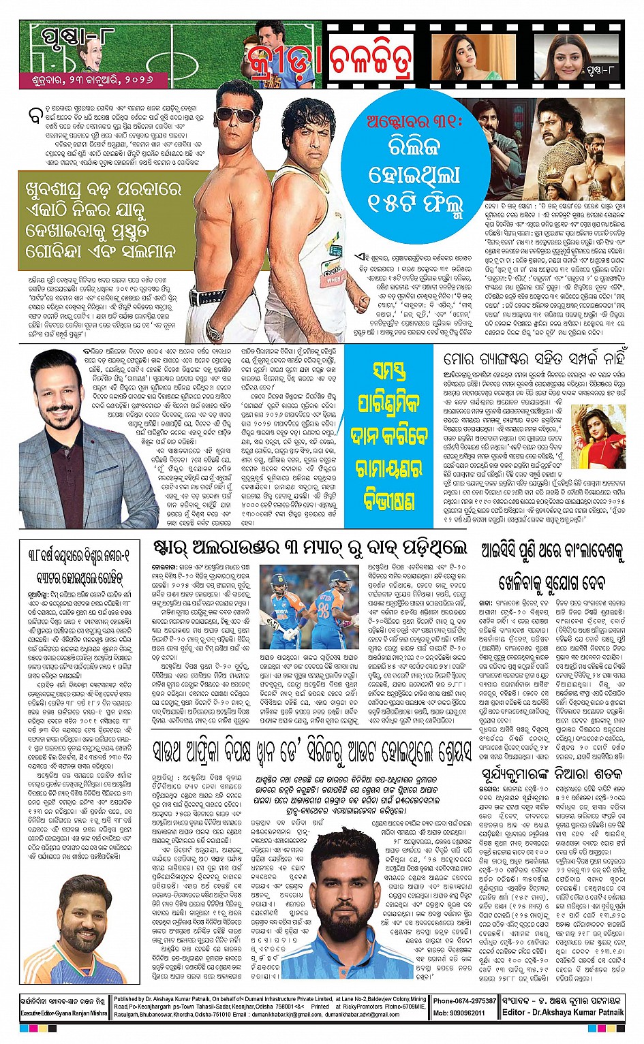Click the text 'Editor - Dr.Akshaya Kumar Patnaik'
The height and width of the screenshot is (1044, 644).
(563, 1012)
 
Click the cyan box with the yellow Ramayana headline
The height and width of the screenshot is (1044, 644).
(388, 436)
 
